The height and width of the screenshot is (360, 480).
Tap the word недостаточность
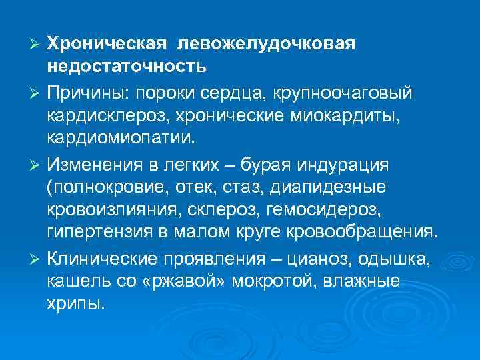pos(127,67)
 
